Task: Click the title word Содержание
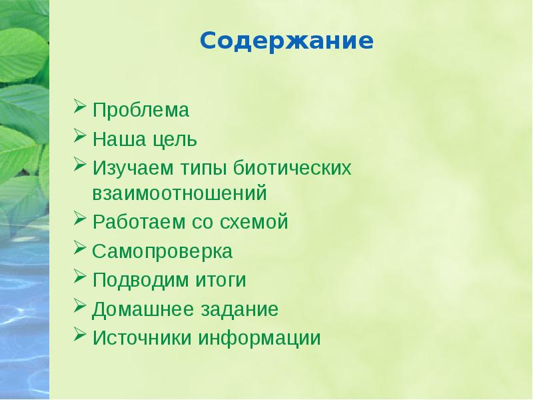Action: [286, 42]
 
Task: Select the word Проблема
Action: [141, 110]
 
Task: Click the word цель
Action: [174, 140]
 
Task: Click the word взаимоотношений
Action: [179, 194]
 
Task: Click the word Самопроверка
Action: [162, 252]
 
